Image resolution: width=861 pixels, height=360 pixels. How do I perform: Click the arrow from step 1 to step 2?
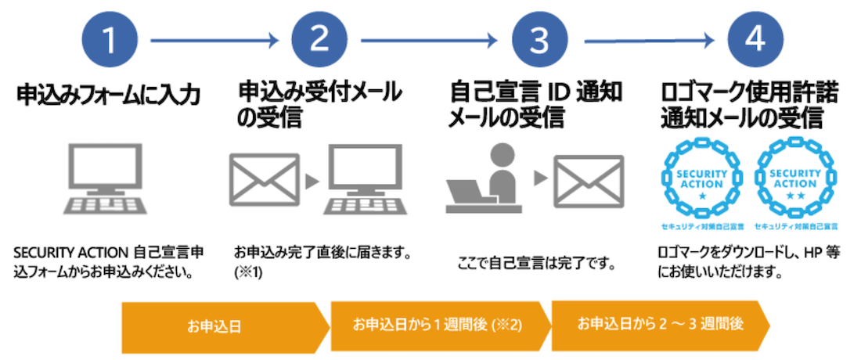[214, 39]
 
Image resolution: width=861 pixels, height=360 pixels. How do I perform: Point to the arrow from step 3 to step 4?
[647, 39]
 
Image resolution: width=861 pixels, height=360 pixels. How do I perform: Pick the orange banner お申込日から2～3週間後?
[657, 324]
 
